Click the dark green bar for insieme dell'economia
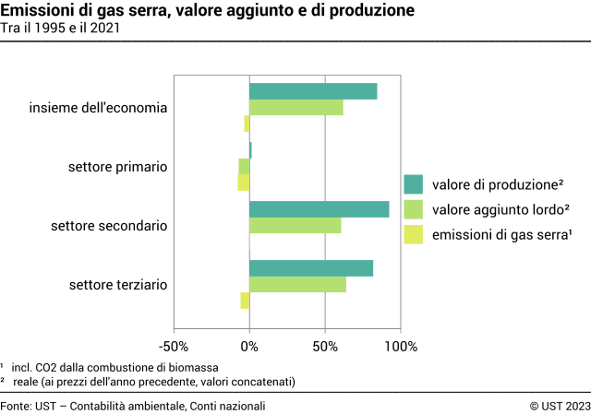pyautogui.click(x=313, y=91)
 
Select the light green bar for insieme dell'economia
pyautogui.click(x=295, y=108)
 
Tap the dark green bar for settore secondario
pyautogui.click(x=319, y=209)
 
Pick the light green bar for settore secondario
pyautogui.click(x=295, y=226)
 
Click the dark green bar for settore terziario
pyautogui.click(x=311, y=268)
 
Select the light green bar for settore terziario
pyautogui.click(x=297, y=285)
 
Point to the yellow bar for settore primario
pyautogui.click(x=244, y=183)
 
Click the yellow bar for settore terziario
pyautogui.click(x=245, y=301)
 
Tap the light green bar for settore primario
pyautogui.click(x=244, y=166)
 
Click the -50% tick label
pyautogui.click(x=174, y=347)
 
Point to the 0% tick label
pyautogui.click(x=249, y=347)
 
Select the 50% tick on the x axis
pyautogui.click(x=325, y=347)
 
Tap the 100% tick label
pyautogui.click(x=401, y=347)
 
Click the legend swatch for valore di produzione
pyautogui.click(x=414, y=183)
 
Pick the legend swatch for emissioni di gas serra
pyautogui.click(x=414, y=235)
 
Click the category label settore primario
pyautogui.click(x=117, y=167)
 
